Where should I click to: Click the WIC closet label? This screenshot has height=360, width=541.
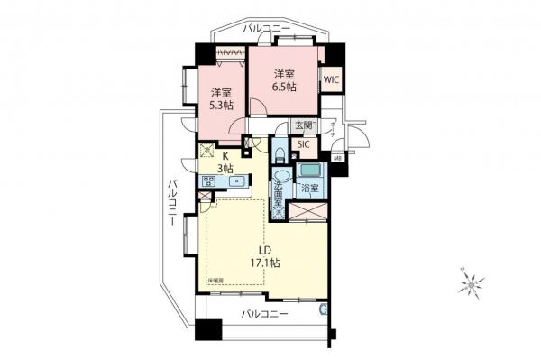[330, 78]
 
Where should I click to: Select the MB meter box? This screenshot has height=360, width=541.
[337, 160]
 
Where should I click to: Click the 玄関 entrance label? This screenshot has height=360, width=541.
[304, 126]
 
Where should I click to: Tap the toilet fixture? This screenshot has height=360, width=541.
[281, 150]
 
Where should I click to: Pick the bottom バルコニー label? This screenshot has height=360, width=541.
[265, 313]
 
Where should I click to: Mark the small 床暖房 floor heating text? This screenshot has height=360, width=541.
[217, 282]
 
